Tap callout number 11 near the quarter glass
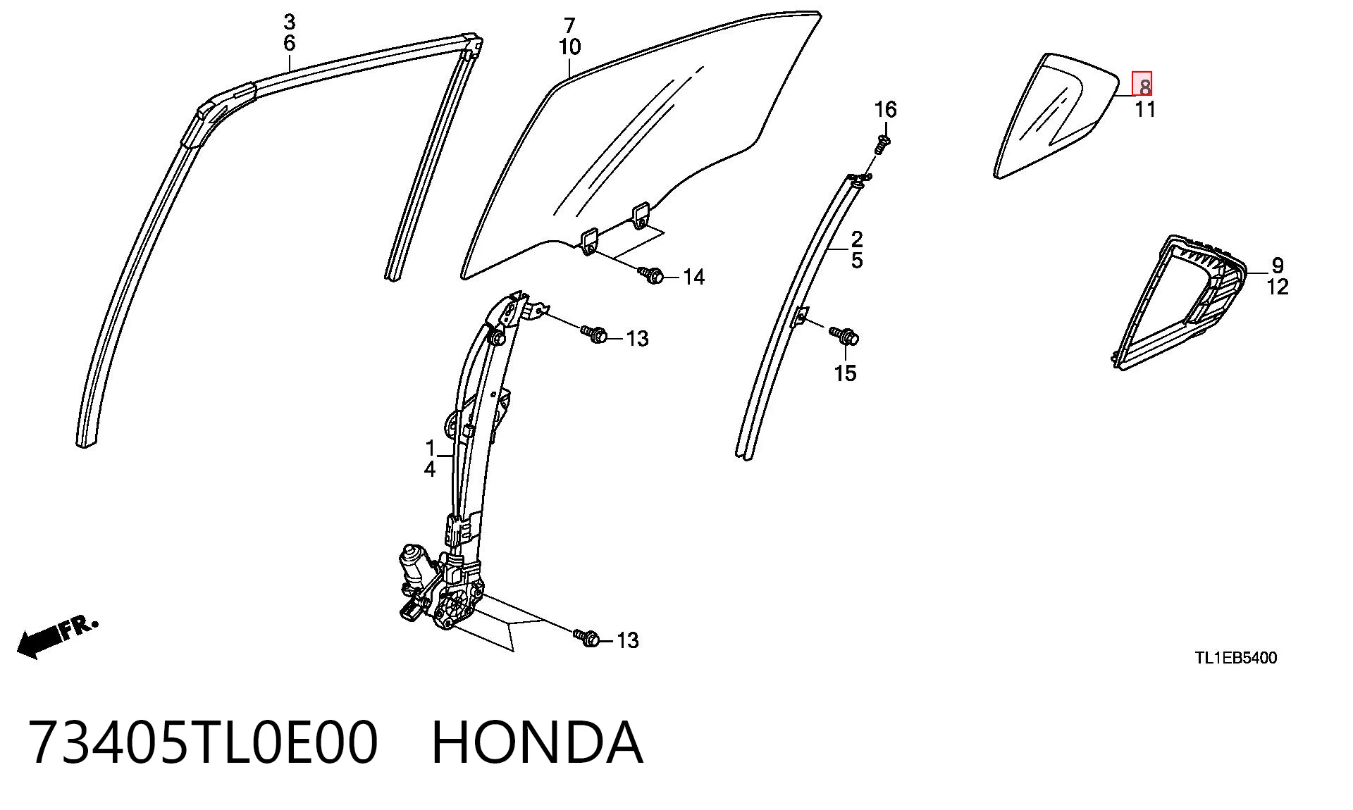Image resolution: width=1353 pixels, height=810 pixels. (x=1145, y=109)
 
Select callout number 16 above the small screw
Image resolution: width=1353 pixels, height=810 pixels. (x=886, y=109)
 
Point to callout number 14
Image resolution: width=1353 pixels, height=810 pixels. (x=694, y=278)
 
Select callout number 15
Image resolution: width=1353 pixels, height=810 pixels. (x=846, y=373)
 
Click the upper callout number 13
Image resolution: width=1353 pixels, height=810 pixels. (x=637, y=339)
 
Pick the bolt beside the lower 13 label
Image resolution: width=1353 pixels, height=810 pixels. (x=587, y=637)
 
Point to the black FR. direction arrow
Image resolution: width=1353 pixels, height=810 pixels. (x=56, y=637)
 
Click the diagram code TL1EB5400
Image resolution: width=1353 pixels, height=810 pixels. (x=1235, y=658)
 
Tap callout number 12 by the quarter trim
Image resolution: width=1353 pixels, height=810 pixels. (x=1278, y=287)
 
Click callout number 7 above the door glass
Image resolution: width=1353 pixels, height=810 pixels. (x=569, y=25)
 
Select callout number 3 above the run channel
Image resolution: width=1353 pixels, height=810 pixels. (x=289, y=22)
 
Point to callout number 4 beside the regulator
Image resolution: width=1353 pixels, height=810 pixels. (x=430, y=469)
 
